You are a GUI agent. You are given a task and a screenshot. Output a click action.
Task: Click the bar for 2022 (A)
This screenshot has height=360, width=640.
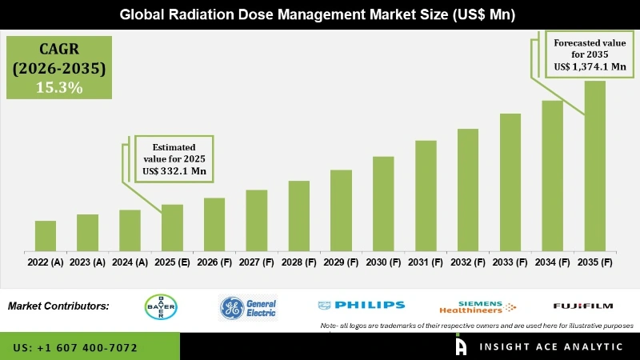click(x=46, y=236)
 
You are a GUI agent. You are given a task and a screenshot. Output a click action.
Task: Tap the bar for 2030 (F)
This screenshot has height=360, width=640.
click(x=383, y=204)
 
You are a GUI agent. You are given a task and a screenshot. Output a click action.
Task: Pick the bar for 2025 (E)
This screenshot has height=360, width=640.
click(x=172, y=228)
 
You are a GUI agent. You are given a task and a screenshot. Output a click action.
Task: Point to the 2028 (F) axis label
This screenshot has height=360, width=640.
click(x=298, y=262)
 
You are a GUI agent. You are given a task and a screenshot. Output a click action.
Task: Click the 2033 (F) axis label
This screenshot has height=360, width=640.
click(x=510, y=262)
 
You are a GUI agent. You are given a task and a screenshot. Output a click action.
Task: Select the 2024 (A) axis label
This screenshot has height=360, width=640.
click(x=130, y=262)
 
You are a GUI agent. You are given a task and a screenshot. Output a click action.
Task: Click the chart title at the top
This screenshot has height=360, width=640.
click(x=320, y=14)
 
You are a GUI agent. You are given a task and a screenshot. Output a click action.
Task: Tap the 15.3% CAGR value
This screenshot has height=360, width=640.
click(x=59, y=88)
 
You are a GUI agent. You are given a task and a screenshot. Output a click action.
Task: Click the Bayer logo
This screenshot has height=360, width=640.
click(x=161, y=306)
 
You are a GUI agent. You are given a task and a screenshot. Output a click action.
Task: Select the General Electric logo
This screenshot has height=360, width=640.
click(x=248, y=307)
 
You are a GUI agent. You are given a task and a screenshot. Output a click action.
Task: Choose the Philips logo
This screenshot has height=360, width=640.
click(x=362, y=305)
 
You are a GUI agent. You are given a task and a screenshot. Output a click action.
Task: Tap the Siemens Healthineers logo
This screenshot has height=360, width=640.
click(x=478, y=307)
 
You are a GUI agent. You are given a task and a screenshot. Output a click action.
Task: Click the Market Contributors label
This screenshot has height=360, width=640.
click(x=58, y=306)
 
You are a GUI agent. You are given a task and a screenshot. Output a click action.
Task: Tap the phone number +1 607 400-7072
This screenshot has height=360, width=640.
click(x=75, y=348)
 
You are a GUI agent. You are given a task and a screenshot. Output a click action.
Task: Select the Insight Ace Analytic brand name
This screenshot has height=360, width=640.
click(x=551, y=346)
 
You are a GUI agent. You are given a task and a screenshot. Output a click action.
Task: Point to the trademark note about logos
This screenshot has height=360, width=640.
click(x=477, y=326)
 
